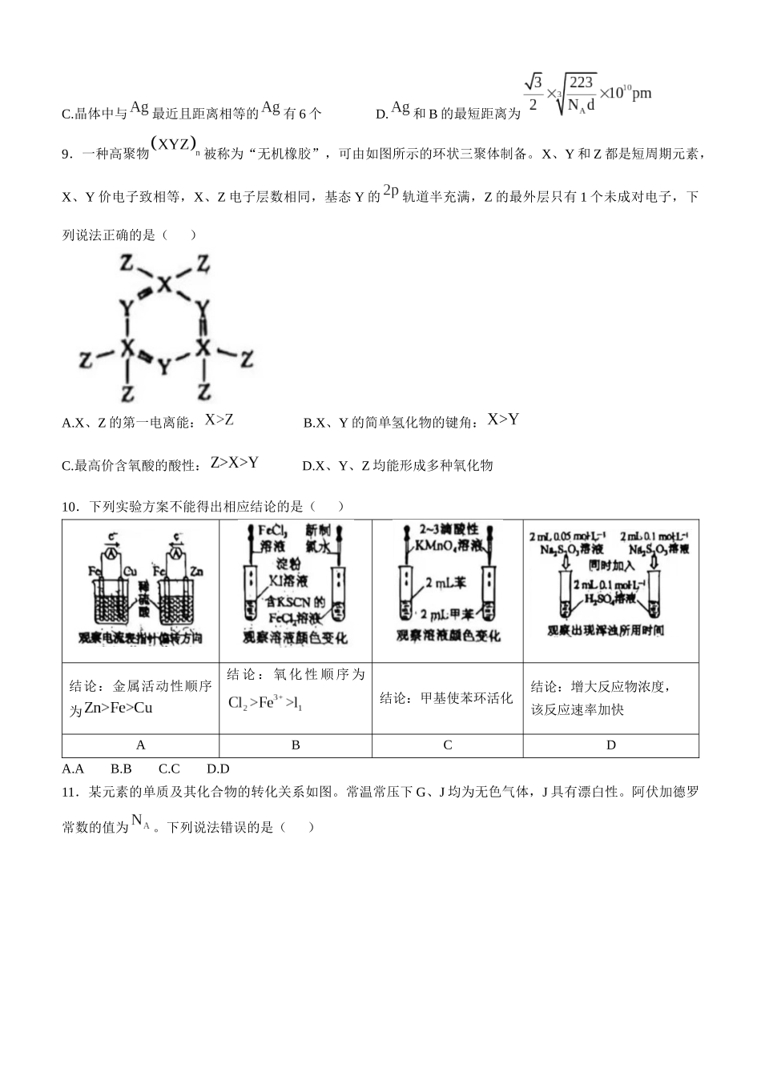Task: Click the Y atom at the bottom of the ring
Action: [164, 367]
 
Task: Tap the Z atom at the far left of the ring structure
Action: [85, 359]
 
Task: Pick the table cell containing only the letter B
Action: [296, 745]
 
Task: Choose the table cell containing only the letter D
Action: [610, 745]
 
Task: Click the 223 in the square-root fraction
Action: [582, 82]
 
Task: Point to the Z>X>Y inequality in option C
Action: [234, 463]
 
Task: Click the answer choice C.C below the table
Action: [169, 769]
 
